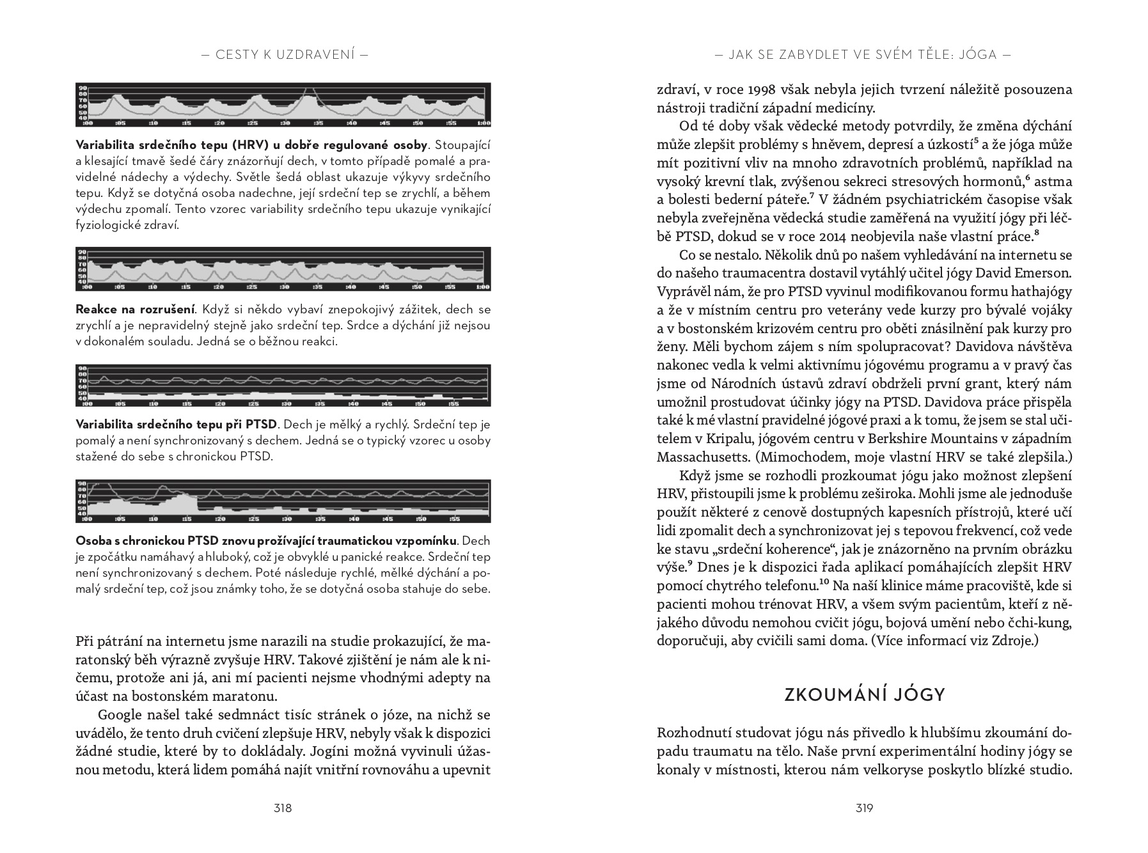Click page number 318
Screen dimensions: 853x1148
282,808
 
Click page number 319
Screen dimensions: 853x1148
864,808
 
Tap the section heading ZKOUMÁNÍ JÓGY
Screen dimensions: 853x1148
864,695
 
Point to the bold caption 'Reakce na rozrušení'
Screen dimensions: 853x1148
134,309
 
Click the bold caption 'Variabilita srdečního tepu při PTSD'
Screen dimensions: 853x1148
177,425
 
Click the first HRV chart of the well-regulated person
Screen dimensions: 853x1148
283,105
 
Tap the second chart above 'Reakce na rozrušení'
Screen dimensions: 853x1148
283,269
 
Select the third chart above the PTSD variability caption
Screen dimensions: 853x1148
283,386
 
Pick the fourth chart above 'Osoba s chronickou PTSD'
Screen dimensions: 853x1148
283,501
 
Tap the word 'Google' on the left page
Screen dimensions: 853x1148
120,715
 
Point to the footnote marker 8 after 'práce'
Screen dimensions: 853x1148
1037,233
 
